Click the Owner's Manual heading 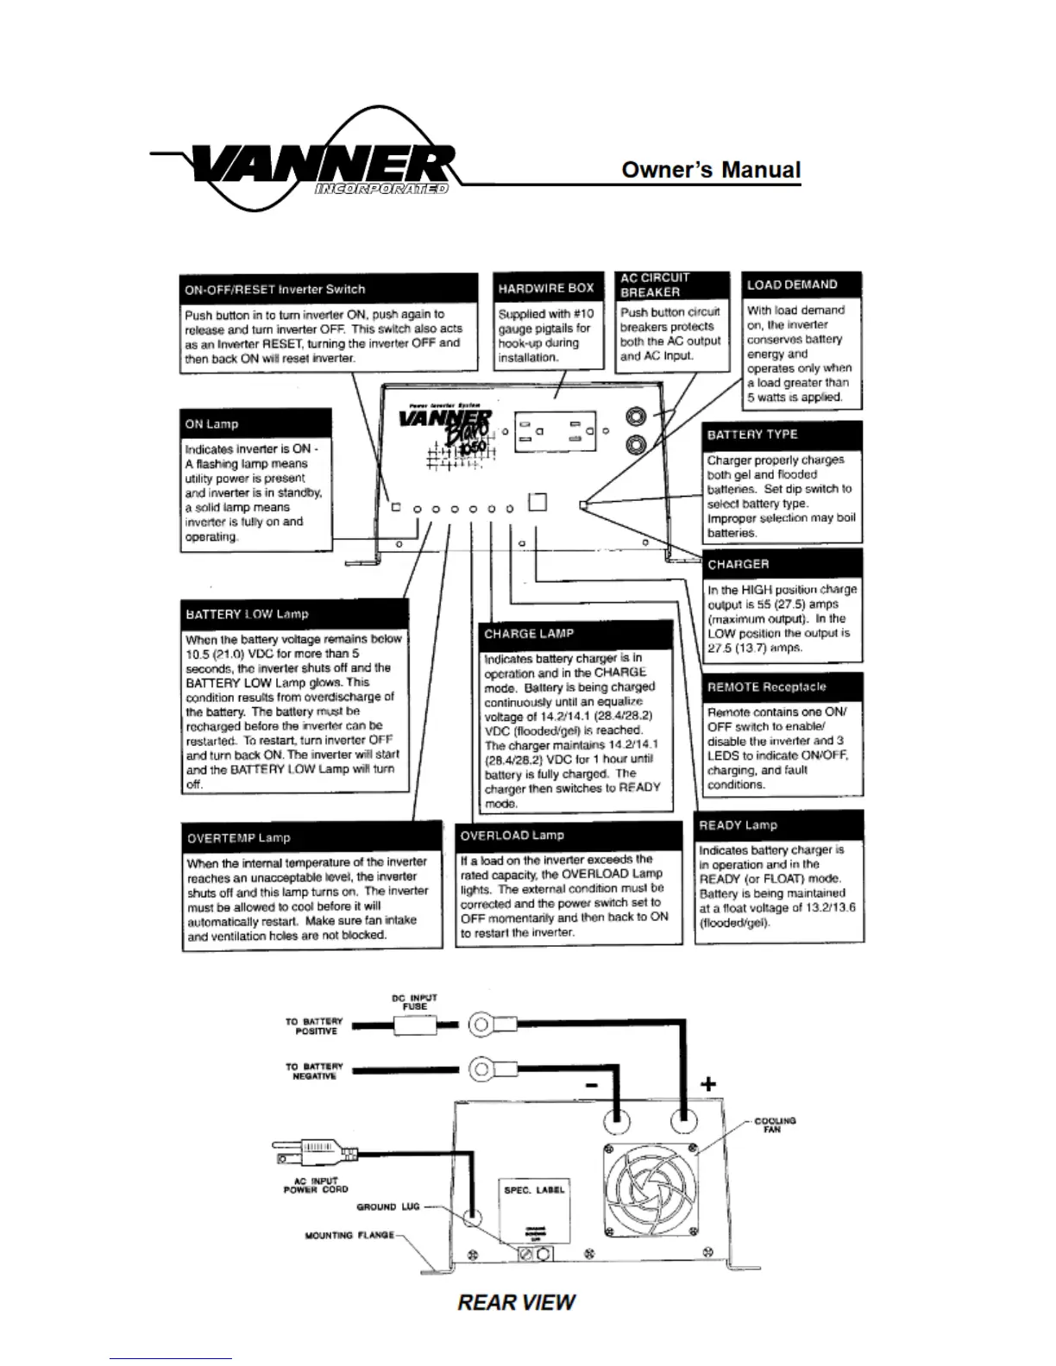click(711, 170)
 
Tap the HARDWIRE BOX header click(545, 288)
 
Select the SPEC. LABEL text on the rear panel click(534, 1190)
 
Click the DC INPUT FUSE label click(414, 1002)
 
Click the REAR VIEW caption click(516, 1302)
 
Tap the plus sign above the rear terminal click(707, 1084)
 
